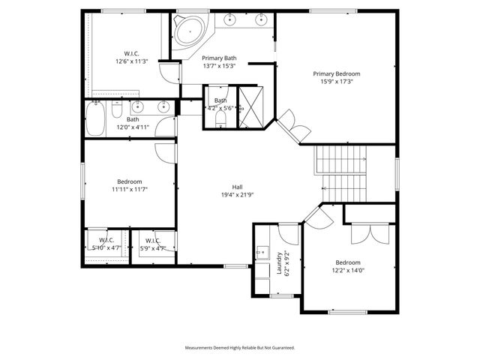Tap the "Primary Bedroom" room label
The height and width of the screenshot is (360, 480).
337,73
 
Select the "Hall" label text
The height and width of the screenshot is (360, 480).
237,187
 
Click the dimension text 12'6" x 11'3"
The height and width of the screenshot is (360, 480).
131,62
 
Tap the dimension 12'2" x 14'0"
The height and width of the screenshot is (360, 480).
348,271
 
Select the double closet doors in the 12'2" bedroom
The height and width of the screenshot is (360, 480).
368,233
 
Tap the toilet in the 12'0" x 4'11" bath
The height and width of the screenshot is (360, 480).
118,111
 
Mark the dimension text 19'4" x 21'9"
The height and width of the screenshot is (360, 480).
237,195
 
